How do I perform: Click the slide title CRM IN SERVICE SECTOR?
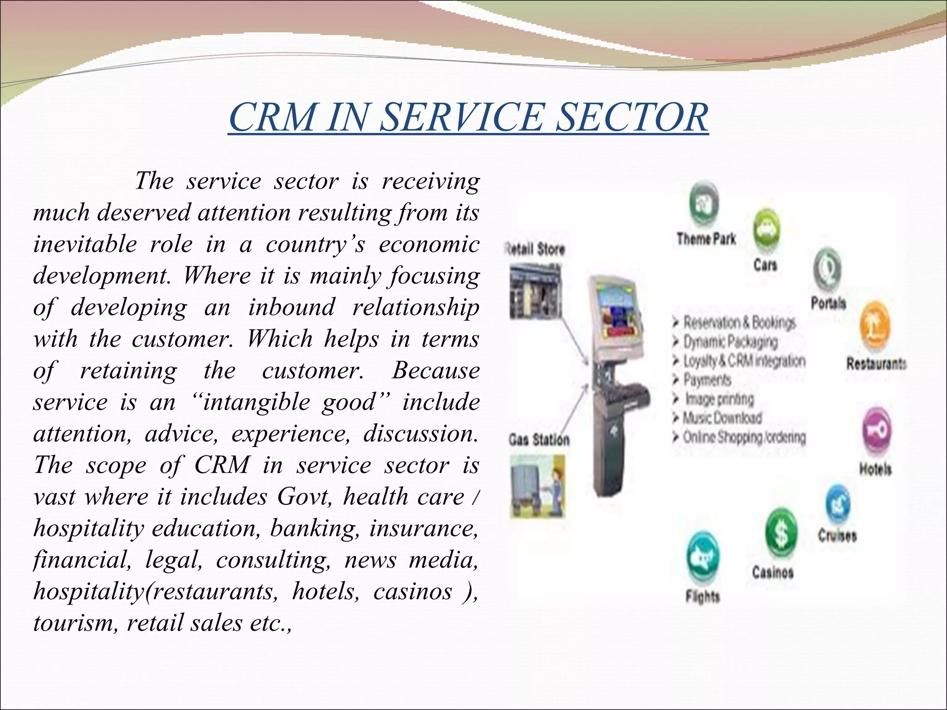coord(468,117)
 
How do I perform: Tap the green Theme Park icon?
coord(704,204)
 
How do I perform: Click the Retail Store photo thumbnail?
coord(535,291)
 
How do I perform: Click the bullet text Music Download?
coord(722,418)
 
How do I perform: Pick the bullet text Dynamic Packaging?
coord(731,342)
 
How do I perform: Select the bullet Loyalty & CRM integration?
coord(744,361)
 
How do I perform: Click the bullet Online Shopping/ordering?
coord(744,437)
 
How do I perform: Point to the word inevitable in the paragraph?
coord(85,244)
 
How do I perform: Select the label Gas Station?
coord(539,440)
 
